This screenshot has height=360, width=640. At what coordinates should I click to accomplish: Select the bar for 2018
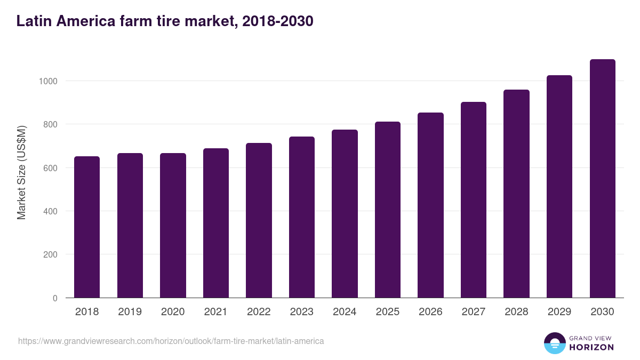pyautogui.click(x=87, y=227)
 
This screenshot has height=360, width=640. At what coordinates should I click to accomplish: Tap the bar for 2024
pyautogui.click(x=345, y=213)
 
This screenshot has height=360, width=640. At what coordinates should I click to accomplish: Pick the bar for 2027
pyautogui.click(x=474, y=199)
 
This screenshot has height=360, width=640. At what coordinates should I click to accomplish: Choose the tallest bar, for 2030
pyautogui.click(x=602, y=178)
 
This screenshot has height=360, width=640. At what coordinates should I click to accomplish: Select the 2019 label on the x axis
pyautogui.click(x=130, y=312)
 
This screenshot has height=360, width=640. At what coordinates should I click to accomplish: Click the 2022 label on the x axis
pyautogui.click(x=259, y=312)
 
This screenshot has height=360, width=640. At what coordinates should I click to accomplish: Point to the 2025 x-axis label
pyautogui.click(x=387, y=312)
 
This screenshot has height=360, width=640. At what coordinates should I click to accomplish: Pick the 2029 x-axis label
pyautogui.click(x=559, y=312)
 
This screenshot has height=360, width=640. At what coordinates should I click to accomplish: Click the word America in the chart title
pyautogui.click(x=85, y=21)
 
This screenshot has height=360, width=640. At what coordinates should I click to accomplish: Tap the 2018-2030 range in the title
pyautogui.click(x=277, y=21)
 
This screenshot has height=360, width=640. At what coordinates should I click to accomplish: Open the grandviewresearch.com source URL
pyautogui.click(x=171, y=341)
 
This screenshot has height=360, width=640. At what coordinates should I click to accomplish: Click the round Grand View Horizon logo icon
pyautogui.click(x=555, y=343)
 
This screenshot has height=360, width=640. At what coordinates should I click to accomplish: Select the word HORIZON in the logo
pyautogui.click(x=591, y=347)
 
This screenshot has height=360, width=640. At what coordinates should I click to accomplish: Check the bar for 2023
pyautogui.click(x=302, y=217)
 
